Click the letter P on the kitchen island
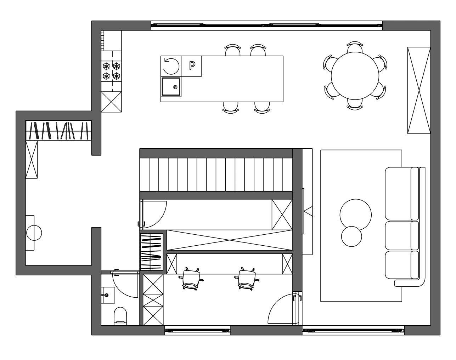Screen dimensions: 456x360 (192, 65)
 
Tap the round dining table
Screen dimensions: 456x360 (355, 76)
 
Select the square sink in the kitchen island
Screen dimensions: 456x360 (171, 87)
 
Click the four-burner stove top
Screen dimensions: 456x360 (111, 71)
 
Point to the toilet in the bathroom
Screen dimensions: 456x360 (120, 316)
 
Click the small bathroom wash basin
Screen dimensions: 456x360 (108, 295)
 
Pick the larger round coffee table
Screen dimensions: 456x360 (356, 215)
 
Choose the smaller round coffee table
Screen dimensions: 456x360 (351, 236)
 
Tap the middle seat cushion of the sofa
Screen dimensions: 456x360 (401, 235)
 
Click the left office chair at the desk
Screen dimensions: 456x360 (191, 279)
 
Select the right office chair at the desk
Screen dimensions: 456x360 (247, 279)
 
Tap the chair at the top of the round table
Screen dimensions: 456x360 (355, 47)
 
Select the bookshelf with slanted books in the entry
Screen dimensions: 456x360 (58, 131)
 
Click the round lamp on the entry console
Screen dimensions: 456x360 (34, 233)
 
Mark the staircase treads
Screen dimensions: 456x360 (216, 175)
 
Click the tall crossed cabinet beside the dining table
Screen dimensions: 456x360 (419, 90)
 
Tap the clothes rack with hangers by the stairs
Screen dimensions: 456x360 (152, 252)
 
